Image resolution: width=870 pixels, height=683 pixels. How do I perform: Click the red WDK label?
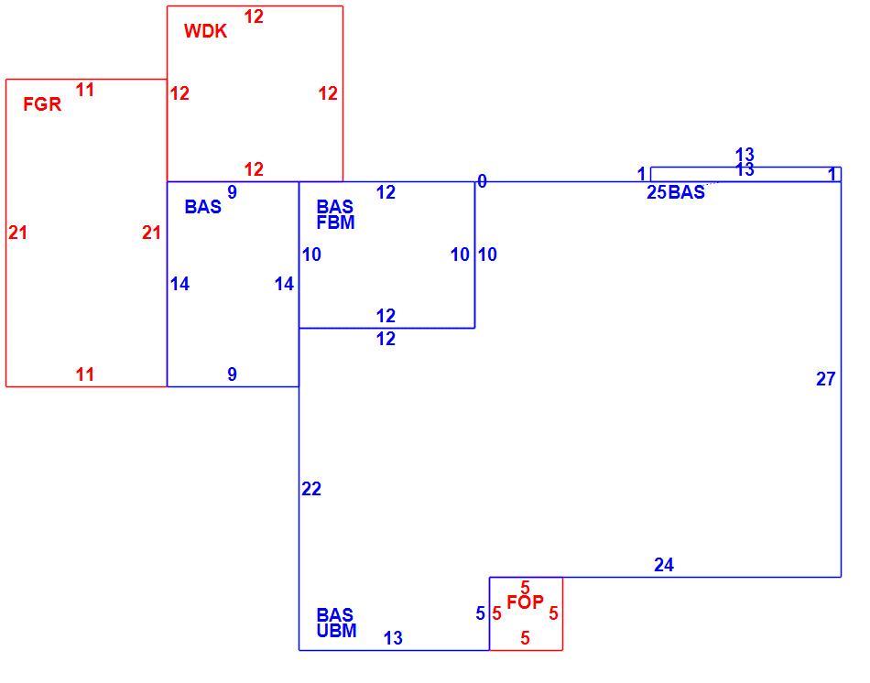(x=205, y=31)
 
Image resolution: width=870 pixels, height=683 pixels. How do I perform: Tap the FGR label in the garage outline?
(x=42, y=104)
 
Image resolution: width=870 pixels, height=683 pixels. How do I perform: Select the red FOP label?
(x=525, y=602)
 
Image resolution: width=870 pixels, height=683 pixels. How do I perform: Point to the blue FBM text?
(x=336, y=222)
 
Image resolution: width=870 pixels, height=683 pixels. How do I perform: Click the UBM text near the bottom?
(x=337, y=631)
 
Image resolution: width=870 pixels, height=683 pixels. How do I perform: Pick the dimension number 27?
(x=826, y=379)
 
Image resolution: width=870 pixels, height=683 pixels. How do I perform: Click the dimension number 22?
(x=311, y=489)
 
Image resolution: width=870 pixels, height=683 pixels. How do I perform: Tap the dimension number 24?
(x=664, y=565)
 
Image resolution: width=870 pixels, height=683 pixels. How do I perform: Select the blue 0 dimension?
(x=482, y=181)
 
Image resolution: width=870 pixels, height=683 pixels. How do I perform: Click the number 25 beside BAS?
(x=657, y=192)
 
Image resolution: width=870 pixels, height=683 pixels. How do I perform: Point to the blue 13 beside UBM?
(x=393, y=638)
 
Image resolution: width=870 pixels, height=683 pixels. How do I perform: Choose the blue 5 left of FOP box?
(x=481, y=613)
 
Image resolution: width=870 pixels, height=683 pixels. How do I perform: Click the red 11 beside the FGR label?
(x=85, y=90)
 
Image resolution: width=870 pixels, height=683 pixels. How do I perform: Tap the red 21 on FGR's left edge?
(x=17, y=233)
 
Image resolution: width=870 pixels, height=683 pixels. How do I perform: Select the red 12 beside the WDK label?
(x=254, y=16)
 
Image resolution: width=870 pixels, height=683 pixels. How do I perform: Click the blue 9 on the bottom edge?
(x=232, y=374)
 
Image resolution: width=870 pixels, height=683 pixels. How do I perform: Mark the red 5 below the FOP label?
(x=525, y=638)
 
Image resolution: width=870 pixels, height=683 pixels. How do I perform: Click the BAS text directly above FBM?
(x=334, y=207)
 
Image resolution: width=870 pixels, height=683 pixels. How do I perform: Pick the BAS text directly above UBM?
(x=334, y=614)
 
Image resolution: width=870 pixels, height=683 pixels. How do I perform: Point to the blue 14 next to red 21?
(x=179, y=284)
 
